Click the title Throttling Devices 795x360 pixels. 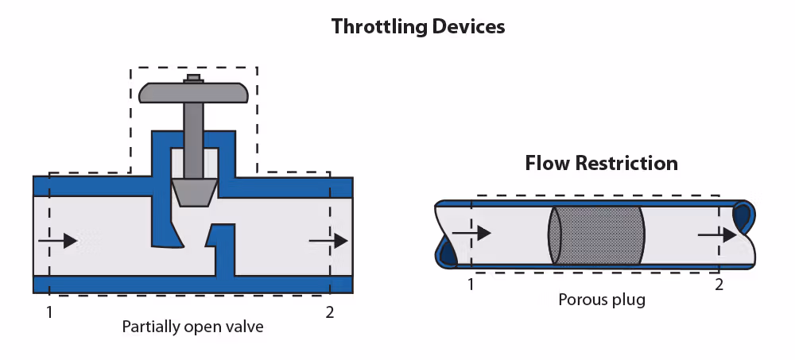[418, 26]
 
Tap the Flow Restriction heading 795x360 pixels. [601, 164]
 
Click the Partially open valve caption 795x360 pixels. [192, 326]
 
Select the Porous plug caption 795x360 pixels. [601, 300]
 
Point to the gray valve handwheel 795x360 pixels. [193, 92]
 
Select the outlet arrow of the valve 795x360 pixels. [328, 240]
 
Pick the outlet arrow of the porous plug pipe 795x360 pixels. [718, 234]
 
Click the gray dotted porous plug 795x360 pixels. [595, 234]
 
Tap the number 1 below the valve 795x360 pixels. [49, 312]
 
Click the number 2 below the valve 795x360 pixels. [331, 312]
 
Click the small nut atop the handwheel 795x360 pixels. [193, 78]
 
